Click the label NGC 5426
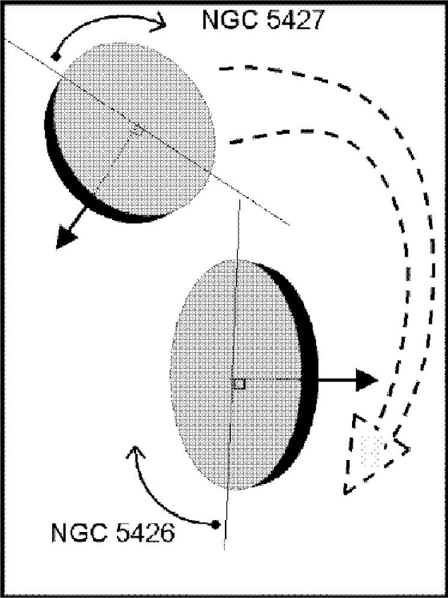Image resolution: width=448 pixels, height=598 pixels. [x=112, y=532]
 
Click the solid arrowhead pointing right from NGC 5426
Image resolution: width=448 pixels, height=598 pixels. [x=365, y=380]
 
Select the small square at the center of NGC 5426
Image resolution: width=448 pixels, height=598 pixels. [x=239, y=383]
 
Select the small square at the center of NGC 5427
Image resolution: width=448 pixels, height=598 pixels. [x=137, y=130]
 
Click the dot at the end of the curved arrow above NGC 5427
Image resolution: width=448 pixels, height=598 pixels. [x=55, y=57]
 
